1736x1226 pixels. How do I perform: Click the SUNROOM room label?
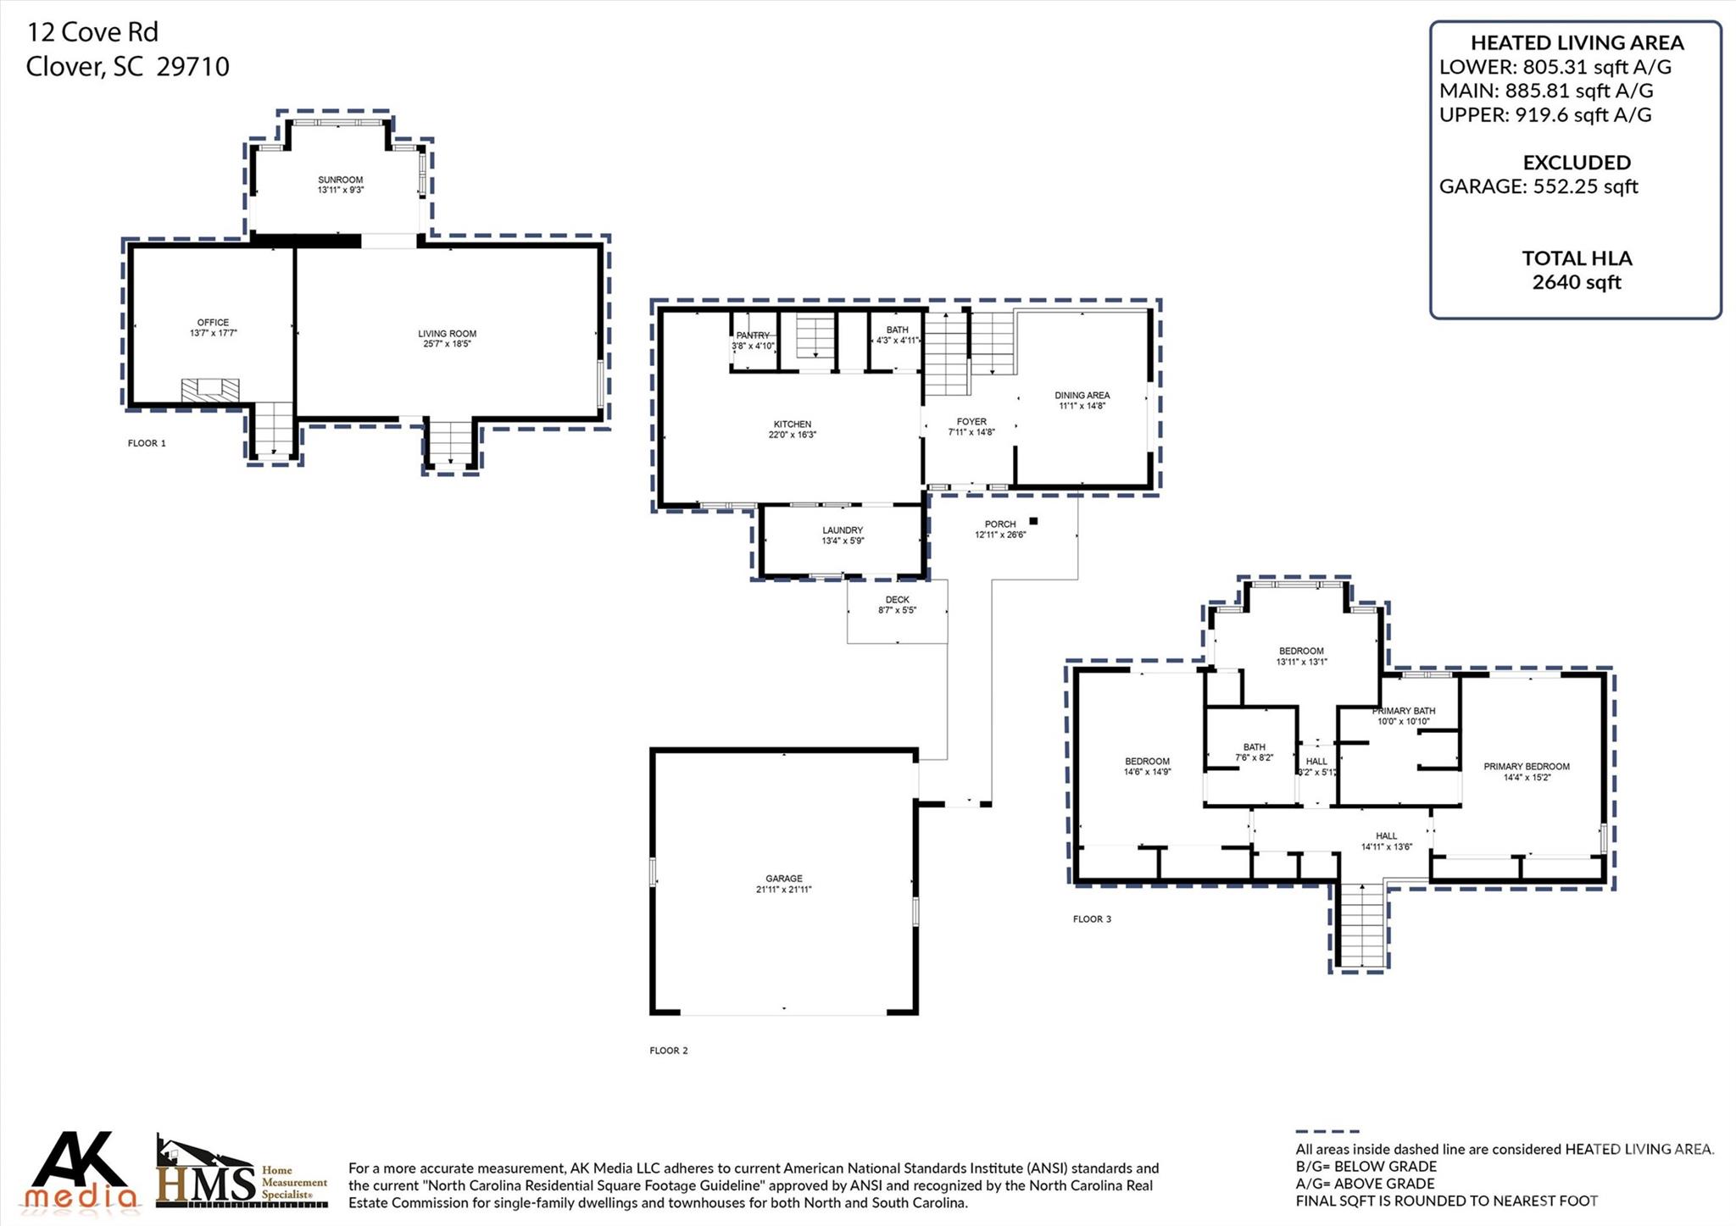click(340, 180)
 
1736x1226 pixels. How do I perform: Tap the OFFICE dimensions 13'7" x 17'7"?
click(213, 334)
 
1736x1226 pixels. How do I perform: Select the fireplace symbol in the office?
click(209, 390)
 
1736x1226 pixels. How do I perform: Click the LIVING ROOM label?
click(447, 334)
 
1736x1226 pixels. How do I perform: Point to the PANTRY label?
click(752, 336)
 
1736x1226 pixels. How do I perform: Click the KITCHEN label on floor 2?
click(792, 424)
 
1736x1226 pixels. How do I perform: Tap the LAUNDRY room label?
click(842, 530)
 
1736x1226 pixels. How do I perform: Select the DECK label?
click(897, 600)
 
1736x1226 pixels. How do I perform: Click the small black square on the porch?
click(1033, 521)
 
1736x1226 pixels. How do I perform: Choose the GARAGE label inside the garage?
click(783, 879)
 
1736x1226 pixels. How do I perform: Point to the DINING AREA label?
click(1082, 396)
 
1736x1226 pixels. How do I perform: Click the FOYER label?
click(971, 422)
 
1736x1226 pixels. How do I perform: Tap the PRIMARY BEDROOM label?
click(1526, 767)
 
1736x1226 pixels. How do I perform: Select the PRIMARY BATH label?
click(1404, 711)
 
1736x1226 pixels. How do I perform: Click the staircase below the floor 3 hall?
click(1361, 925)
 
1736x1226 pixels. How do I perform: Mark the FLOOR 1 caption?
click(147, 443)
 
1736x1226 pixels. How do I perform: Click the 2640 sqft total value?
click(1576, 282)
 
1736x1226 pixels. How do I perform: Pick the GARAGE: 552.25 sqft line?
click(1538, 186)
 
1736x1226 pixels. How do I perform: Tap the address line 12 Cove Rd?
click(92, 32)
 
